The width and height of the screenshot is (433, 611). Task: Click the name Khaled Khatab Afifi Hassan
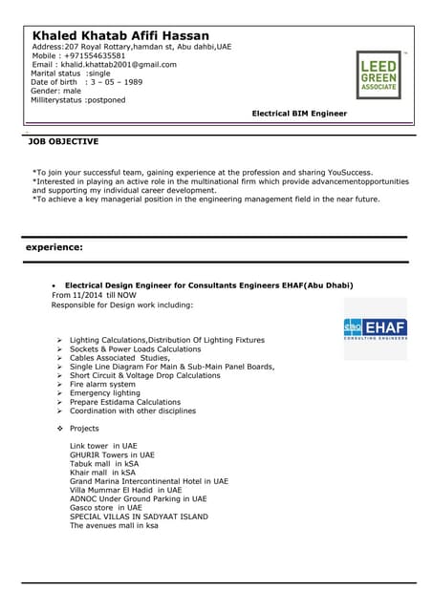click(x=120, y=35)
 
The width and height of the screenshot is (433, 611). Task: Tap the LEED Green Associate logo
click(x=379, y=75)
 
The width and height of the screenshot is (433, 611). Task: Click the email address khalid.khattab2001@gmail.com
click(x=118, y=64)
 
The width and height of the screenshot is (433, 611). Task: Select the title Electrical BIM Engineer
click(x=299, y=114)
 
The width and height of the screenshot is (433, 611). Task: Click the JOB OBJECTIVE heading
click(x=63, y=141)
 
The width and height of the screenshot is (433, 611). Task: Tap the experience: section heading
click(x=54, y=248)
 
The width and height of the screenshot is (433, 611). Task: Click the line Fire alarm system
click(x=102, y=385)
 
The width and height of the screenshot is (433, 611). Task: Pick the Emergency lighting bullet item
click(x=104, y=393)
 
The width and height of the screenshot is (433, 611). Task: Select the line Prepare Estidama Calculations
click(x=124, y=402)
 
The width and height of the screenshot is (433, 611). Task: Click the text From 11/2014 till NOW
click(x=94, y=295)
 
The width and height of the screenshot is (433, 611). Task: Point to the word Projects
click(x=84, y=429)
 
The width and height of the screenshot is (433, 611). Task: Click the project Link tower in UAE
click(x=103, y=446)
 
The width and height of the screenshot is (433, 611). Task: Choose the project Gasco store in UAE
click(x=106, y=507)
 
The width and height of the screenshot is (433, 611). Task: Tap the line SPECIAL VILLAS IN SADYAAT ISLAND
click(x=139, y=516)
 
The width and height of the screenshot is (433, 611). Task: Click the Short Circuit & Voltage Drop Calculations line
click(x=144, y=375)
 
